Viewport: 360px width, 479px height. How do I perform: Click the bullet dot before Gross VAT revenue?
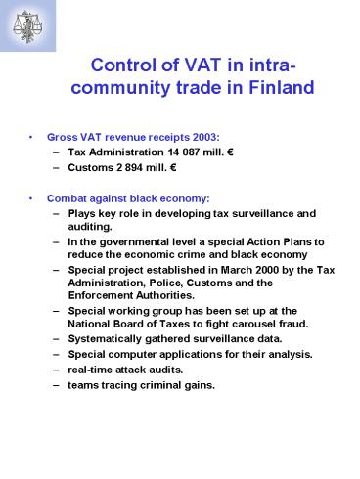34,136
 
